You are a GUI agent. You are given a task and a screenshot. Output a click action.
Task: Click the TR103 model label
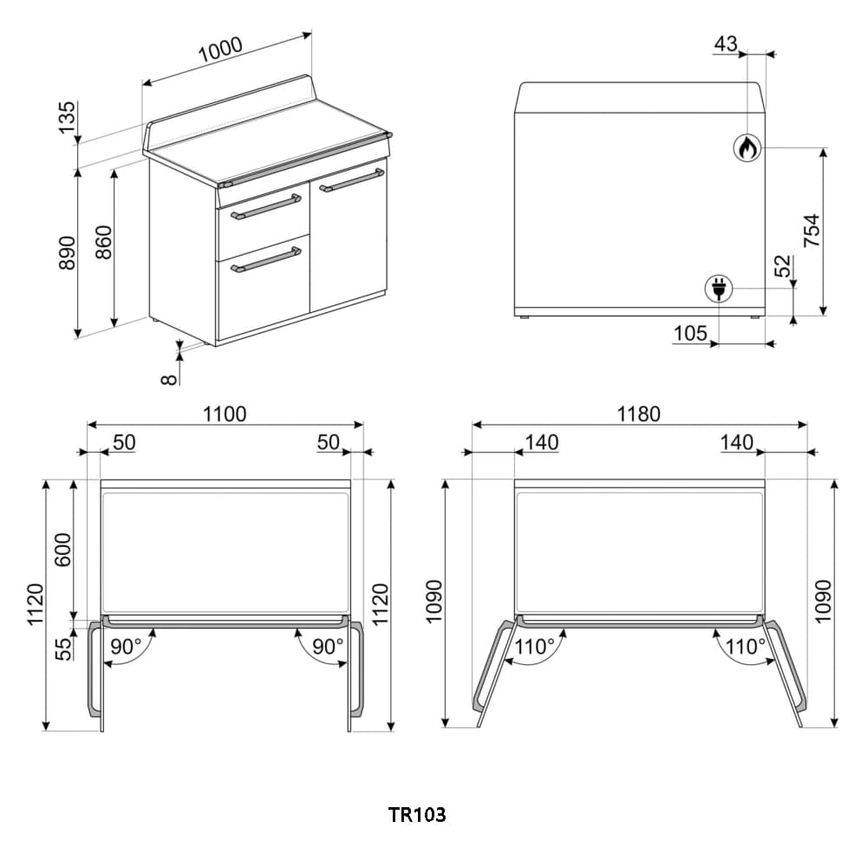click(x=416, y=815)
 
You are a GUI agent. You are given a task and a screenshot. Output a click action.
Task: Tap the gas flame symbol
click(x=746, y=148)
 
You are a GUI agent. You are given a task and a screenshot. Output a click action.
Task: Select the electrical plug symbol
click(x=719, y=288)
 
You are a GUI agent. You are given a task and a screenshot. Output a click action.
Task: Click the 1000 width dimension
click(x=220, y=51)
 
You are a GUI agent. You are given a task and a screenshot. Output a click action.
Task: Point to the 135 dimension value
click(x=68, y=118)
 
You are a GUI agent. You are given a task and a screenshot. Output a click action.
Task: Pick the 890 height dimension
click(x=68, y=252)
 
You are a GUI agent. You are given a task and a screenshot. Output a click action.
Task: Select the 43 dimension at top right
click(x=726, y=43)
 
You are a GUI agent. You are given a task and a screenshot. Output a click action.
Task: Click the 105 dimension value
click(x=690, y=333)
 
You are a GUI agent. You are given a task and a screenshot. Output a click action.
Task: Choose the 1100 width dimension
click(x=225, y=414)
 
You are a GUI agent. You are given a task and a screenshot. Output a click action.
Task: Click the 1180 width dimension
click(x=639, y=414)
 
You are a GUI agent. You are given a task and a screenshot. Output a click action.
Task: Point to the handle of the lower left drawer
click(x=265, y=259)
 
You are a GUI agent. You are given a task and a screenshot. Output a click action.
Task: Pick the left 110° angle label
click(x=535, y=646)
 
